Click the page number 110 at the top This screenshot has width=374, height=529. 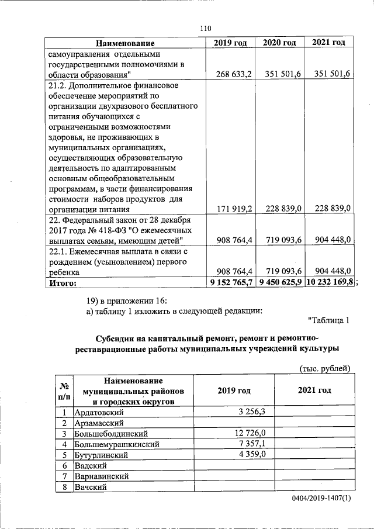(205, 28)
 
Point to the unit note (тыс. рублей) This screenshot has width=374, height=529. (324, 368)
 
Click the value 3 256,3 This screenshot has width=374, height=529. (252, 412)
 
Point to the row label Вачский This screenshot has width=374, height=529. (89, 487)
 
